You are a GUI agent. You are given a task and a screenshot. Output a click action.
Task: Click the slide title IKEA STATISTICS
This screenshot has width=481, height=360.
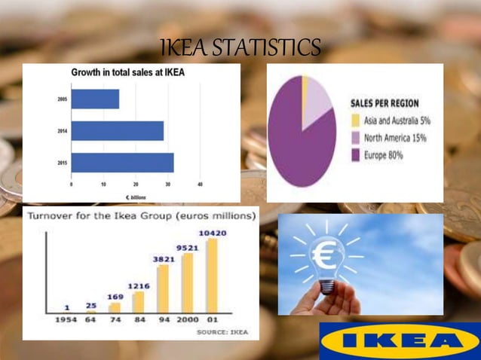tap(240, 49)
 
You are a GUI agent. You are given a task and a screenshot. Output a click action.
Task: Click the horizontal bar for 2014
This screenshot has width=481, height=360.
tap(117, 131)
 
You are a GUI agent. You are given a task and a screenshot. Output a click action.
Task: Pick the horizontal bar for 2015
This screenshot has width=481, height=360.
tap(122, 163)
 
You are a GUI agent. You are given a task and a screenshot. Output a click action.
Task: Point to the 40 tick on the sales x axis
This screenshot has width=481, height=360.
tap(200, 184)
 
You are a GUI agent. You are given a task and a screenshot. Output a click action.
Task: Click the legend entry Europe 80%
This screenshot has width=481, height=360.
tap(377, 154)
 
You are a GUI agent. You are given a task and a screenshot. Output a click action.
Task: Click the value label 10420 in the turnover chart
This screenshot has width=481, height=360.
tap(213, 233)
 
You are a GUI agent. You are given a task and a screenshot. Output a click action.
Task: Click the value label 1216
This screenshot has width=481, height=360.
tap(139, 286)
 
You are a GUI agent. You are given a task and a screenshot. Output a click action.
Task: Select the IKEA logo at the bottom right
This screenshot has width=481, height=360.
tap(400, 341)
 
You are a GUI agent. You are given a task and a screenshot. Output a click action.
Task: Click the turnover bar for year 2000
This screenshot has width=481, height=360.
tap(188, 282)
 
